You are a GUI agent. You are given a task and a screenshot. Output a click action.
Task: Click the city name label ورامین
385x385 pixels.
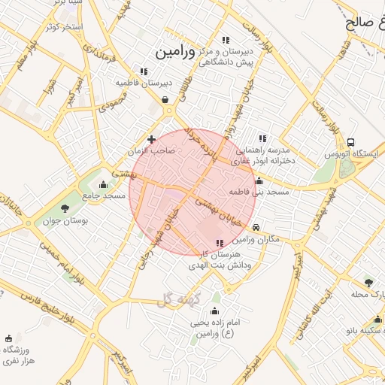coord(175,52)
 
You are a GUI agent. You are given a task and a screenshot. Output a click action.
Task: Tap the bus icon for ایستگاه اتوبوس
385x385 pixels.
coord(350,143)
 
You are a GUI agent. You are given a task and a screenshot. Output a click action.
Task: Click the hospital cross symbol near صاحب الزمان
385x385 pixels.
coord(152,139)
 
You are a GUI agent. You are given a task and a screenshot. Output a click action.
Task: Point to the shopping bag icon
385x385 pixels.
coord(165,99)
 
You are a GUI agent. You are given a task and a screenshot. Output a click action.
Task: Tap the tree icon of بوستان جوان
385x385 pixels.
coord(64,209)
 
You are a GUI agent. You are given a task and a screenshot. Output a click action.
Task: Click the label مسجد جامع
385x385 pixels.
coord(105,196)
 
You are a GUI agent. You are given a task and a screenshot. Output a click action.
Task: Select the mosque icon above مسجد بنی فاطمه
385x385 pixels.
coord(259,180)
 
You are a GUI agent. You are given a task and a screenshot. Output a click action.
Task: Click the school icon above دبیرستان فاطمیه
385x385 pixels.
coord(144,71)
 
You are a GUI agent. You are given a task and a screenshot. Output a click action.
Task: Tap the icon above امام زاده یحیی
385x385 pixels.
coord(215,311)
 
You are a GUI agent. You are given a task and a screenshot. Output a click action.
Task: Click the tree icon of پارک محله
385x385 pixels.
coord(368,282)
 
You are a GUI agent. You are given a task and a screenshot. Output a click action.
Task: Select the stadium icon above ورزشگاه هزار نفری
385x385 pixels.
coord(8,339)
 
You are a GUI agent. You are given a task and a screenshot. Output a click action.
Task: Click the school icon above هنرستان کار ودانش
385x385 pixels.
coord(220,243)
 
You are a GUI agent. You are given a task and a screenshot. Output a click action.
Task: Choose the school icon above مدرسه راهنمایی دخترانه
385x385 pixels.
coord(262,138)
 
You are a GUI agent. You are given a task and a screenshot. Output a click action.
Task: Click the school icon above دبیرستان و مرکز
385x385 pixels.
coord(225,41)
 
